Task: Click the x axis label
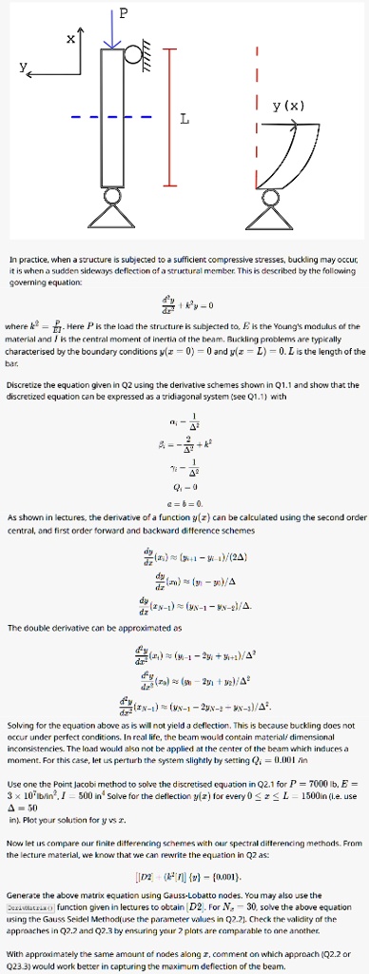pos(70,40)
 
